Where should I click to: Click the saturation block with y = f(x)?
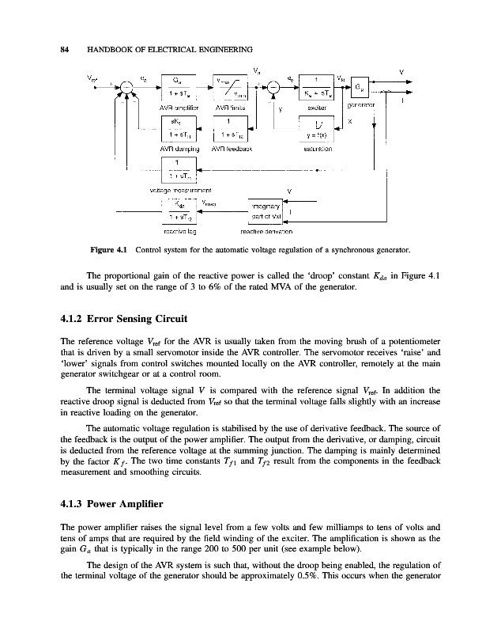(x=317, y=127)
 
